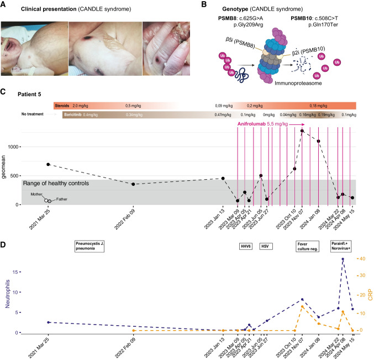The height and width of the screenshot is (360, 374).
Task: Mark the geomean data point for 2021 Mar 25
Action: coord(49,164)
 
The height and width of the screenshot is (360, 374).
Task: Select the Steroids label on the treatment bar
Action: coord(62,105)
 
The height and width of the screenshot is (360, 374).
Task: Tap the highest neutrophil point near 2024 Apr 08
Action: coord(343,259)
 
